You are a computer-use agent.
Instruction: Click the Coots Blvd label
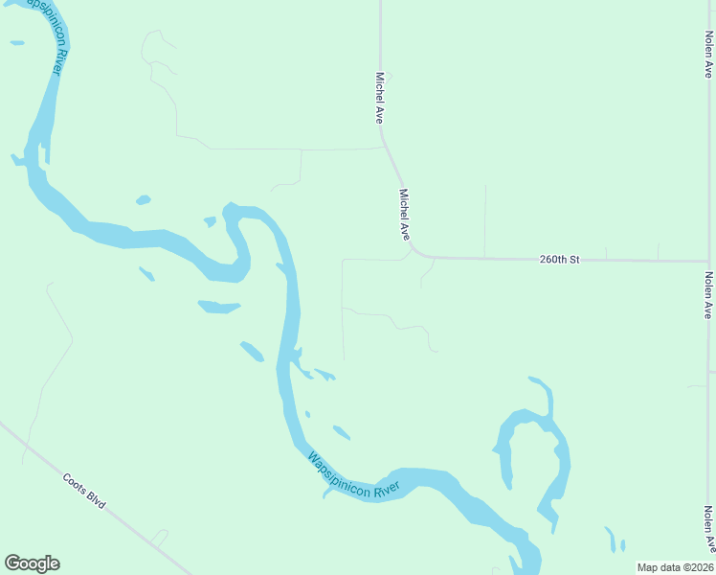(x=83, y=490)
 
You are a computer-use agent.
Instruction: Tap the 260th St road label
(x=560, y=259)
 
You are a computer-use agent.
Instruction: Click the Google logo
(x=32, y=563)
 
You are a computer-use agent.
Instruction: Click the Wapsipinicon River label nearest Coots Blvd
(x=353, y=475)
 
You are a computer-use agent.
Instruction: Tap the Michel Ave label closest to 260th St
(x=405, y=213)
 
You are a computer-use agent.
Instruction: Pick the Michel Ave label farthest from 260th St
(x=380, y=98)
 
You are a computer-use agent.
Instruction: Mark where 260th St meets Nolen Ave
(x=708, y=261)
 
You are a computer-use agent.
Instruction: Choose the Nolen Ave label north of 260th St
(x=708, y=54)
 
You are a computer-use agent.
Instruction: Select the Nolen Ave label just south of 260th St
(x=708, y=295)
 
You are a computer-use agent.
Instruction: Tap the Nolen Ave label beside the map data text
(x=710, y=529)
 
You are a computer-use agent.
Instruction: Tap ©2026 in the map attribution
(x=695, y=567)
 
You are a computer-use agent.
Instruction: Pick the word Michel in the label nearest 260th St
(x=403, y=201)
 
